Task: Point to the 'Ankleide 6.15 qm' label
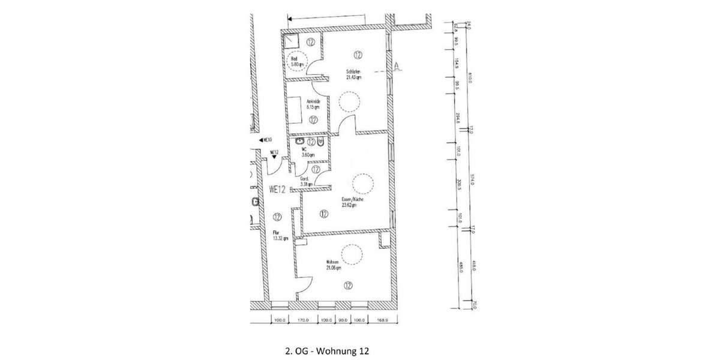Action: (x=313, y=104)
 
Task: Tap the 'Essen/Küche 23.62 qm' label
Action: (x=349, y=202)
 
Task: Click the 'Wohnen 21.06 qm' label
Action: (x=334, y=265)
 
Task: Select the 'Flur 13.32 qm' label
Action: (x=280, y=235)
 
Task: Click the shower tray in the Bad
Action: (x=292, y=41)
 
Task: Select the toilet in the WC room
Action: (x=322, y=143)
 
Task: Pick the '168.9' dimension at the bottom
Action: (x=383, y=320)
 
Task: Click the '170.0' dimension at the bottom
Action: (x=302, y=320)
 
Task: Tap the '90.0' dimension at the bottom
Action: (x=343, y=320)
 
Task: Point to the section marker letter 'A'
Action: (x=397, y=65)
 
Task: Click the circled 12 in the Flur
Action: (x=277, y=217)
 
